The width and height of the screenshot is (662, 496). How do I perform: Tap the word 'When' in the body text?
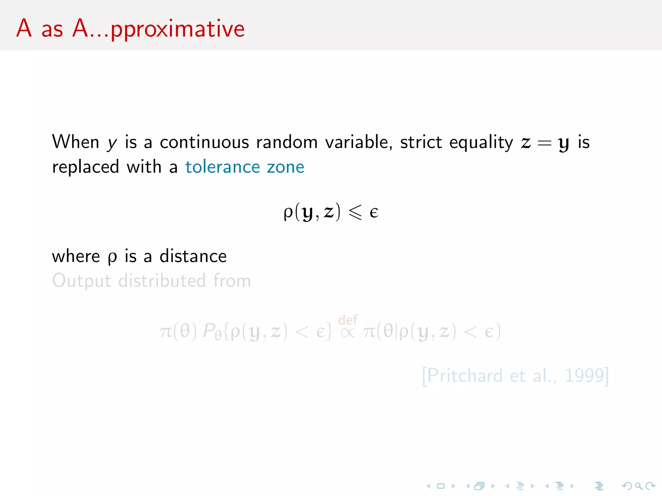pos(76,142)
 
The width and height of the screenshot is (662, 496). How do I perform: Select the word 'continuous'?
pos(204,142)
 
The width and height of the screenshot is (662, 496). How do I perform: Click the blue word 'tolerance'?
pos(222,167)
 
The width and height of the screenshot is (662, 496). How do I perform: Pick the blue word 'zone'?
pos(285,167)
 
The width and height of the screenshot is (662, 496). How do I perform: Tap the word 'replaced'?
pos(86,167)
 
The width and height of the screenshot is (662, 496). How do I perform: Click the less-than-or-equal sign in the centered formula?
pos(355,212)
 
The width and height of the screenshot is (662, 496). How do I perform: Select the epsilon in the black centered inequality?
pos(374,212)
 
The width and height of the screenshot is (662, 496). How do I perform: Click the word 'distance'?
pos(193,256)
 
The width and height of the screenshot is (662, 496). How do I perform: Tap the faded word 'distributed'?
pos(162,280)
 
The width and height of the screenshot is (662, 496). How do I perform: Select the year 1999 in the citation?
pos(584,375)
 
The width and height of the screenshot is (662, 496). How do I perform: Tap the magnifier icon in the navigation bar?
pos(638,486)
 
